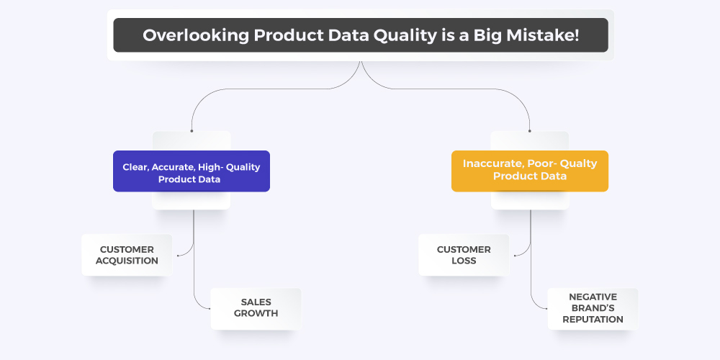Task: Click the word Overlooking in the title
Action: pyautogui.click(x=196, y=35)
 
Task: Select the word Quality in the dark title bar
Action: pyautogui.click(x=405, y=35)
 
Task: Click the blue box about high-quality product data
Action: pyautogui.click(x=192, y=171)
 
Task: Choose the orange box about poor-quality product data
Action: pyautogui.click(x=530, y=171)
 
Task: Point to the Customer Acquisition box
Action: pyautogui.click(x=127, y=255)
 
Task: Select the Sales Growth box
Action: pyautogui.click(x=256, y=309)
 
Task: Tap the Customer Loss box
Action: pyautogui.click(x=464, y=255)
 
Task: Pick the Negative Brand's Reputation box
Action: pyautogui.click(x=593, y=309)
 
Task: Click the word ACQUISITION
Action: pyautogui.click(x=127, y=261)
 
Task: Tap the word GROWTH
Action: pyautogui.click(x=256, y=314)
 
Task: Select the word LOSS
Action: pyautogui.click(x=464, y=261)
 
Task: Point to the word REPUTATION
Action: pyautogui.click(x=593, y=319)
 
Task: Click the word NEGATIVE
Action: pyautogui.click(x=593, y=297)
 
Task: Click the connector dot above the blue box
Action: pyautogui.click(x=192, y=131)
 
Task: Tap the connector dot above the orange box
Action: pyautogui.click(x=529, y=131)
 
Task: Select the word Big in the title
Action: pyautogui.click(x=487, y=35)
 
